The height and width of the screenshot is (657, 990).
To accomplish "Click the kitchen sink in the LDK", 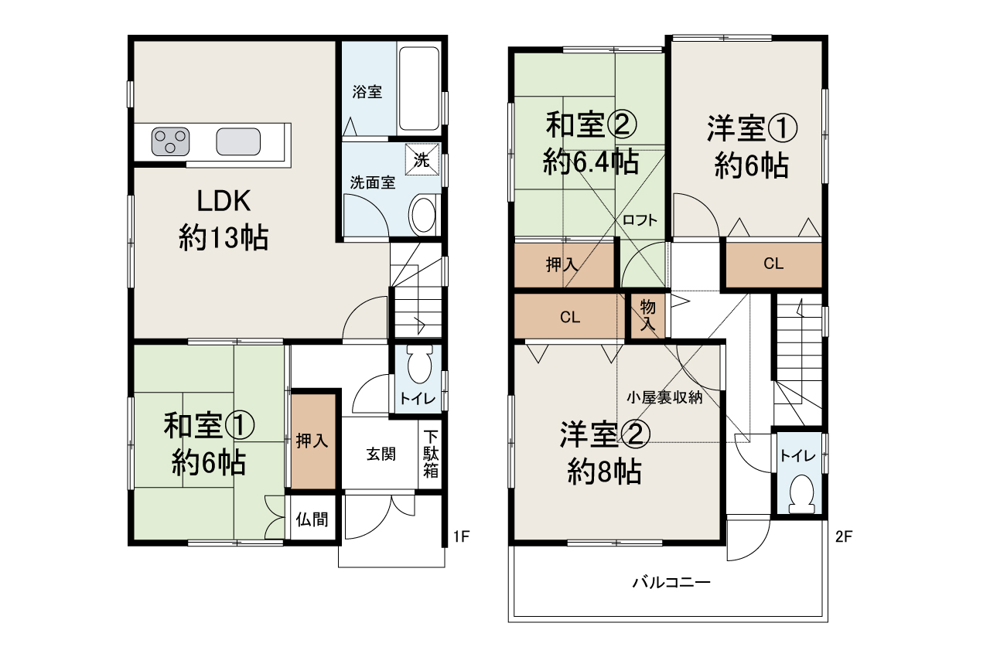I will coord(237,141).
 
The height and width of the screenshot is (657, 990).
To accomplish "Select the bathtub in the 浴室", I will coord(418,88).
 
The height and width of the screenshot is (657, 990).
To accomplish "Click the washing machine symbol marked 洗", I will coord(422,160).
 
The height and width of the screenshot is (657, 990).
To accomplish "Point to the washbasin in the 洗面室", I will coord(422,214).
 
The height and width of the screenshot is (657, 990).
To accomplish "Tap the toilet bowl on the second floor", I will coord(801,494).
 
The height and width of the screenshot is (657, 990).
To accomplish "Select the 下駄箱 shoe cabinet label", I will coord(430,453).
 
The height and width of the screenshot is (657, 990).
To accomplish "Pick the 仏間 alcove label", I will coord(312,519).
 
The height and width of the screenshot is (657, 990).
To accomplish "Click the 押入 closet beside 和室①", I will coord(313,441).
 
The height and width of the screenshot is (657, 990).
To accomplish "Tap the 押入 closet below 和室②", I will coord(562,264).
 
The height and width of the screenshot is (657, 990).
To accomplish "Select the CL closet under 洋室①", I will coord(773,264).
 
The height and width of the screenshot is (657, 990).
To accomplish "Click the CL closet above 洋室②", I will coord(570,317).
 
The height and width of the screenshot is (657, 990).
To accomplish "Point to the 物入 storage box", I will coord(647,315).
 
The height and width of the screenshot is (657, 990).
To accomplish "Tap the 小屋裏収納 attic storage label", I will coord(664,398).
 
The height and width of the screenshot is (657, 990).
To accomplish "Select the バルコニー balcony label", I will coord(671,582).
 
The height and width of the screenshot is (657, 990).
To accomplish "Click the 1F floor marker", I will coord(462,535).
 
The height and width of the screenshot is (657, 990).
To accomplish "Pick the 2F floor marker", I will coord(844,535).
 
